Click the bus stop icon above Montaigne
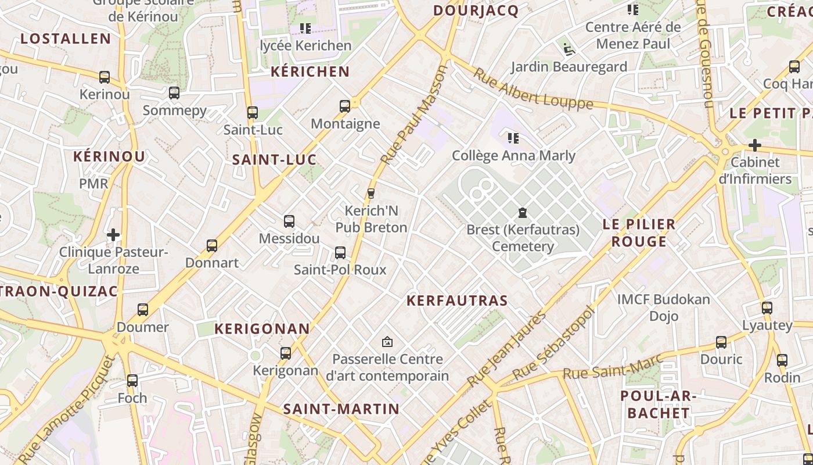click(x=345, y=106)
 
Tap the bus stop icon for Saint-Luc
click(x=252, y=112)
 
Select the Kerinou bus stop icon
click(x=105, y=77)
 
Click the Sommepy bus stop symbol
click(x=174, y=93)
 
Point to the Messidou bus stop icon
click(x=289, y=221)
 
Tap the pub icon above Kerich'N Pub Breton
click(x=371, y=193)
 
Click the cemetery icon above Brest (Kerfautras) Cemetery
click(x=522, y=213)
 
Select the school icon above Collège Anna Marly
click(x=513, y=138)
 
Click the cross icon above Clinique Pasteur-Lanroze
click(x=113, y=235)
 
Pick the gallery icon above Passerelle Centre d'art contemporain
click(x=387, y=342)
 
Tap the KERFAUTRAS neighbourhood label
click(x=457, y=301)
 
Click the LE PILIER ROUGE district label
click(x=639, y=233)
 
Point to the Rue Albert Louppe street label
click(x=533, y=89)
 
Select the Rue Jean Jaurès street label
click(x=506, y=349)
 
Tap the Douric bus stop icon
click(x=721, y=342)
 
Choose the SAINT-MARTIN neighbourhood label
click(x=341, y=409)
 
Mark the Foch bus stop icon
click(x=132, y=381)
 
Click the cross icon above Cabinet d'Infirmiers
click(x=754, y=145)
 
